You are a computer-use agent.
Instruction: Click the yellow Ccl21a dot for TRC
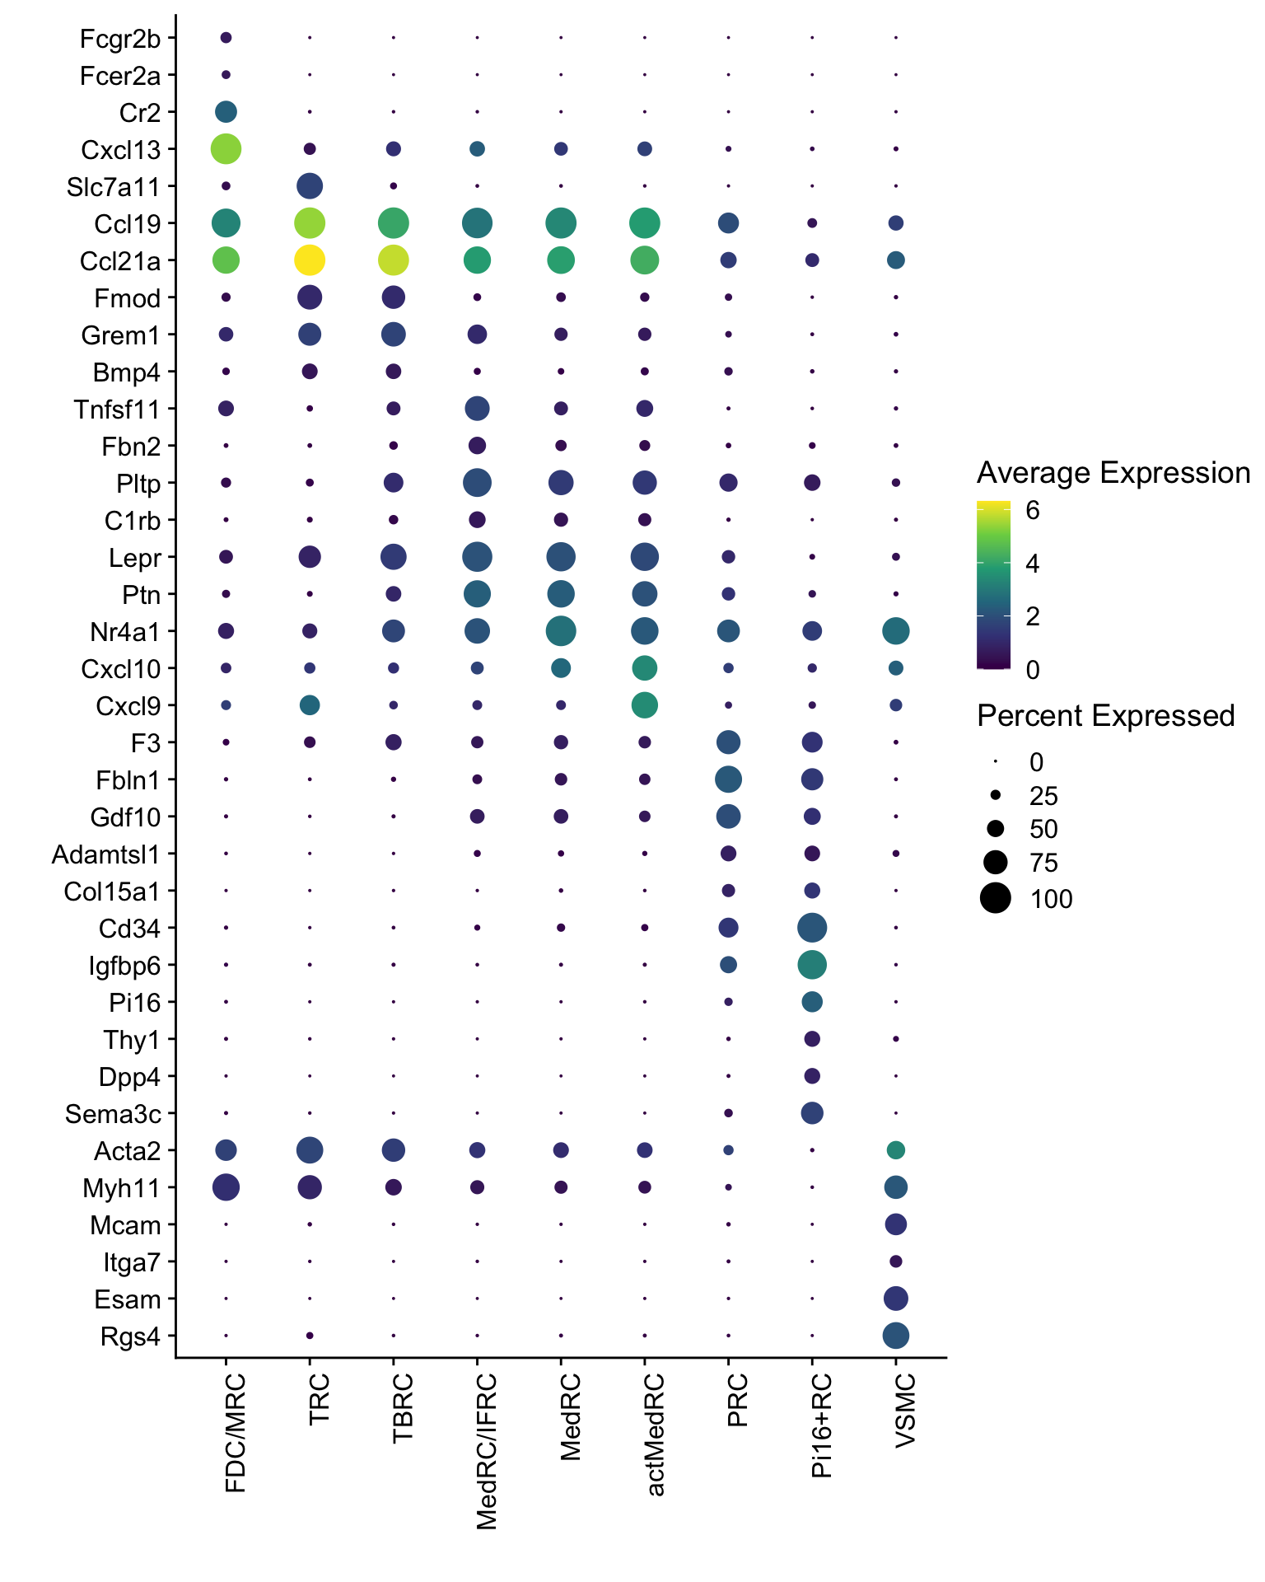310,260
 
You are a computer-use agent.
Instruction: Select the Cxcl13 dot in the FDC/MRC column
226,149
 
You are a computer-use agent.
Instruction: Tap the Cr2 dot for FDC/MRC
226,111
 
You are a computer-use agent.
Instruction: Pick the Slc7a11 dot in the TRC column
310,186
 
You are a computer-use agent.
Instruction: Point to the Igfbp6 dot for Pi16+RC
812,964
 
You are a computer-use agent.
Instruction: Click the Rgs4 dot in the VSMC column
896,1336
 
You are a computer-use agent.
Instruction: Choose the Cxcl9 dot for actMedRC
645,705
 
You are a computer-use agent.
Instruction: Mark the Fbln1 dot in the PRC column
728,779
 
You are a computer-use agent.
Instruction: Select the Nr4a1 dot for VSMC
896,631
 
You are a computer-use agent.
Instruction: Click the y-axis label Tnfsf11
117,410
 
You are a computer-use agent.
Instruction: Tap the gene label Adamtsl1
105,854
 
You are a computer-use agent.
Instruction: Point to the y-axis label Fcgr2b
120,39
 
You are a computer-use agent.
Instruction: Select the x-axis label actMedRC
655,1435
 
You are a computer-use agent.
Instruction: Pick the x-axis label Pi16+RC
822,1426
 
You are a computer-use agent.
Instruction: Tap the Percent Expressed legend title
1105,716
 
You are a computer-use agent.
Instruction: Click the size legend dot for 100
996,897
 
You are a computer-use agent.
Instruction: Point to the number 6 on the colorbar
1032,511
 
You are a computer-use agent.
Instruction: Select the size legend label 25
1043,796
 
